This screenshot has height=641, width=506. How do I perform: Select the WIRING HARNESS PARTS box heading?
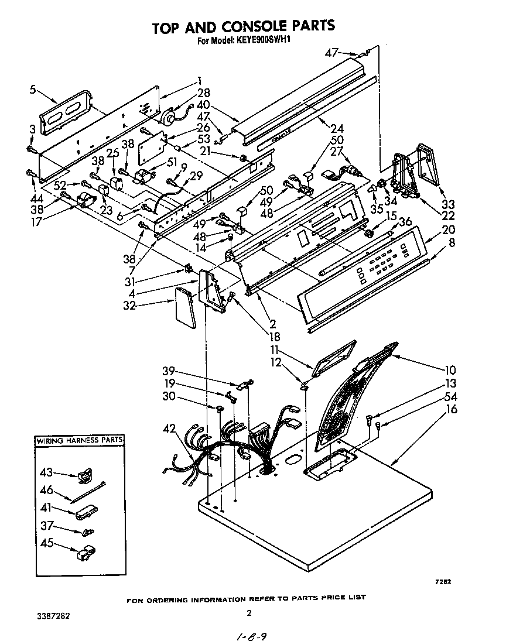80,440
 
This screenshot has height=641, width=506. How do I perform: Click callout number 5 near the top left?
33,90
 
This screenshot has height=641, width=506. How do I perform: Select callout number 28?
203,93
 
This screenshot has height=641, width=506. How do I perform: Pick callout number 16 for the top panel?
451,409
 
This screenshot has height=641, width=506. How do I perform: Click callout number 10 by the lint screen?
450,370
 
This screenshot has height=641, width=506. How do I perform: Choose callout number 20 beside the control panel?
449,230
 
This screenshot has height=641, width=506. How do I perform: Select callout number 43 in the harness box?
46,471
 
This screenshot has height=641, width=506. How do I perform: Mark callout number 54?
451,397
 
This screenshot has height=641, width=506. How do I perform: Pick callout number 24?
337,128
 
